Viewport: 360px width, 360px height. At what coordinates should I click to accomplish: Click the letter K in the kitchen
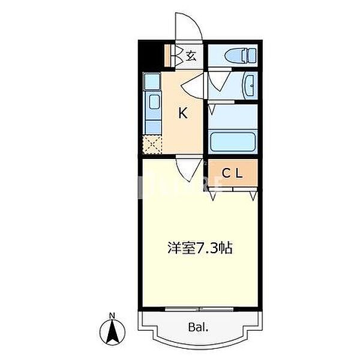tap(182, 112)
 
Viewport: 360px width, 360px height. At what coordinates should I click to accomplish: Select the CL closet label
tap(233, 174)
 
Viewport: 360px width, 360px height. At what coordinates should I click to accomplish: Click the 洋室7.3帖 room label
tap(200, 248)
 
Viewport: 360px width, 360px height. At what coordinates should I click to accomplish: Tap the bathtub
tap(233, 143)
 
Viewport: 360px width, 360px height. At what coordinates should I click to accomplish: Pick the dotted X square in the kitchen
tap(152, 145)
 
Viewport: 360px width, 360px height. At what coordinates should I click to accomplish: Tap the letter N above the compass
tap(112, 315)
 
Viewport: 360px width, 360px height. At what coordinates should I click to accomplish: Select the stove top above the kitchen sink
tap(152, 82)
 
